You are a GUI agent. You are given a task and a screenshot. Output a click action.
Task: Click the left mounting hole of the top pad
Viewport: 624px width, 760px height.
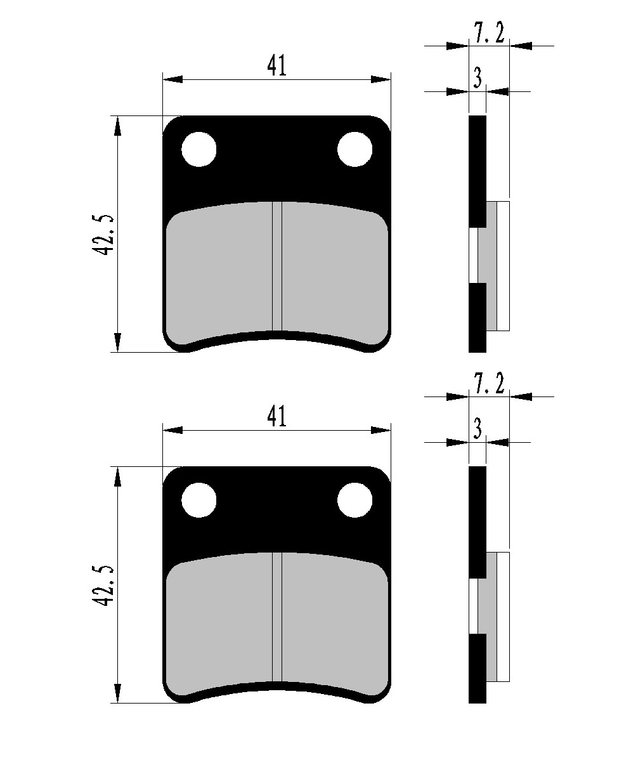coord(198,149)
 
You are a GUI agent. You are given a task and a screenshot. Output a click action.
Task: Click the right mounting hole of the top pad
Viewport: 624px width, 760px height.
coord(355,149)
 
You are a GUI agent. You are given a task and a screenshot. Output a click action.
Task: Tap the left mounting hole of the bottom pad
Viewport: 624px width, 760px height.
coord(198,500)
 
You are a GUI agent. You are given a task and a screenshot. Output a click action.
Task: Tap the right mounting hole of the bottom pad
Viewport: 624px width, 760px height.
coord(355,500)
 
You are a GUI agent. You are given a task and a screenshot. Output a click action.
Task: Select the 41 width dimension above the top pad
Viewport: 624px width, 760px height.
coord(276,66)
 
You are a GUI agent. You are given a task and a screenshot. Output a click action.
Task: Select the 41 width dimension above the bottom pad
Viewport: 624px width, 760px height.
coord(276,417)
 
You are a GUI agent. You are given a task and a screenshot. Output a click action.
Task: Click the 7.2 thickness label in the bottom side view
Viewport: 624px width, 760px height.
coord(488,384)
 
